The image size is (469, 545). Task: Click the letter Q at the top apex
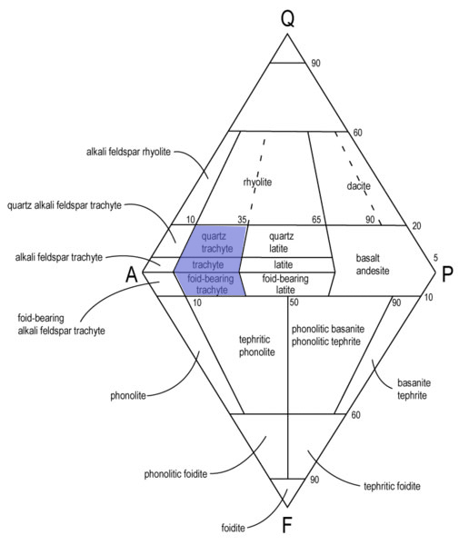[x=287, y=18]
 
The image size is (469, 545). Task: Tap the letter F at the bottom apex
[x=286, y=525]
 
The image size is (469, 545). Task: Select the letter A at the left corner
[x=132, y=275]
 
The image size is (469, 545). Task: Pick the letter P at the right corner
[x=447, y=274]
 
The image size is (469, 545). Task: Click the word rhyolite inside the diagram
[x=257, y=182]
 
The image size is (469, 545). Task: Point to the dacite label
[x=358, y=185]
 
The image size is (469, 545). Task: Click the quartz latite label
[x=281, y=243]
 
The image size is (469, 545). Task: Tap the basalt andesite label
[x=373, y=264]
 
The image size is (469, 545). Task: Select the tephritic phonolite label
[x=256, y=346]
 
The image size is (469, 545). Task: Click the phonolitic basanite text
[x=328, y=329]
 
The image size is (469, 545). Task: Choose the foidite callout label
[x=233, y=528]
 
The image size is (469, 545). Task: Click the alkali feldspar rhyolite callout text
[x=128, y=152]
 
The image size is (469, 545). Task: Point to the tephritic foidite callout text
[x=392, y=486]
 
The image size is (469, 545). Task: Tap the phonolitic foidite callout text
[x=175, y=474]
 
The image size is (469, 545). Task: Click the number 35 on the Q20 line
[x=242, y=220]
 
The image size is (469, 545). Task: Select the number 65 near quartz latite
[x=316, y=220]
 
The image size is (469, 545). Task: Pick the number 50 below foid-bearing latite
[x=294, y=302]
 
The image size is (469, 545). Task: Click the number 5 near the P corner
[x=435, y=258]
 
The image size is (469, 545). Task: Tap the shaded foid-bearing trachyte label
[x=211, y=284]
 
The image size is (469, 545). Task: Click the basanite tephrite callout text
[x=414, y=389]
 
